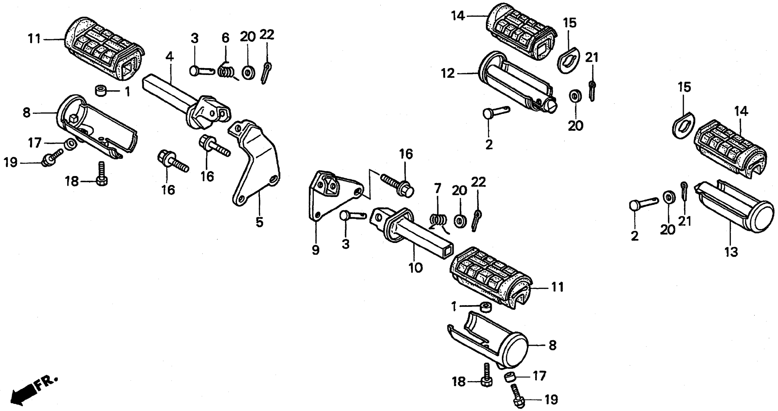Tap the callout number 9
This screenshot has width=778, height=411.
[315, 250]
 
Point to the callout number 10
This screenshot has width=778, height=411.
[416, 268]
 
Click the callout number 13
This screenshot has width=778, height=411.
[731, 252]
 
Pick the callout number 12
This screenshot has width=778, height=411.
[448, 73]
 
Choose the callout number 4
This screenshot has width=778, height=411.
[170, 57]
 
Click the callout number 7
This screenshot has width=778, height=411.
[438, 189]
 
